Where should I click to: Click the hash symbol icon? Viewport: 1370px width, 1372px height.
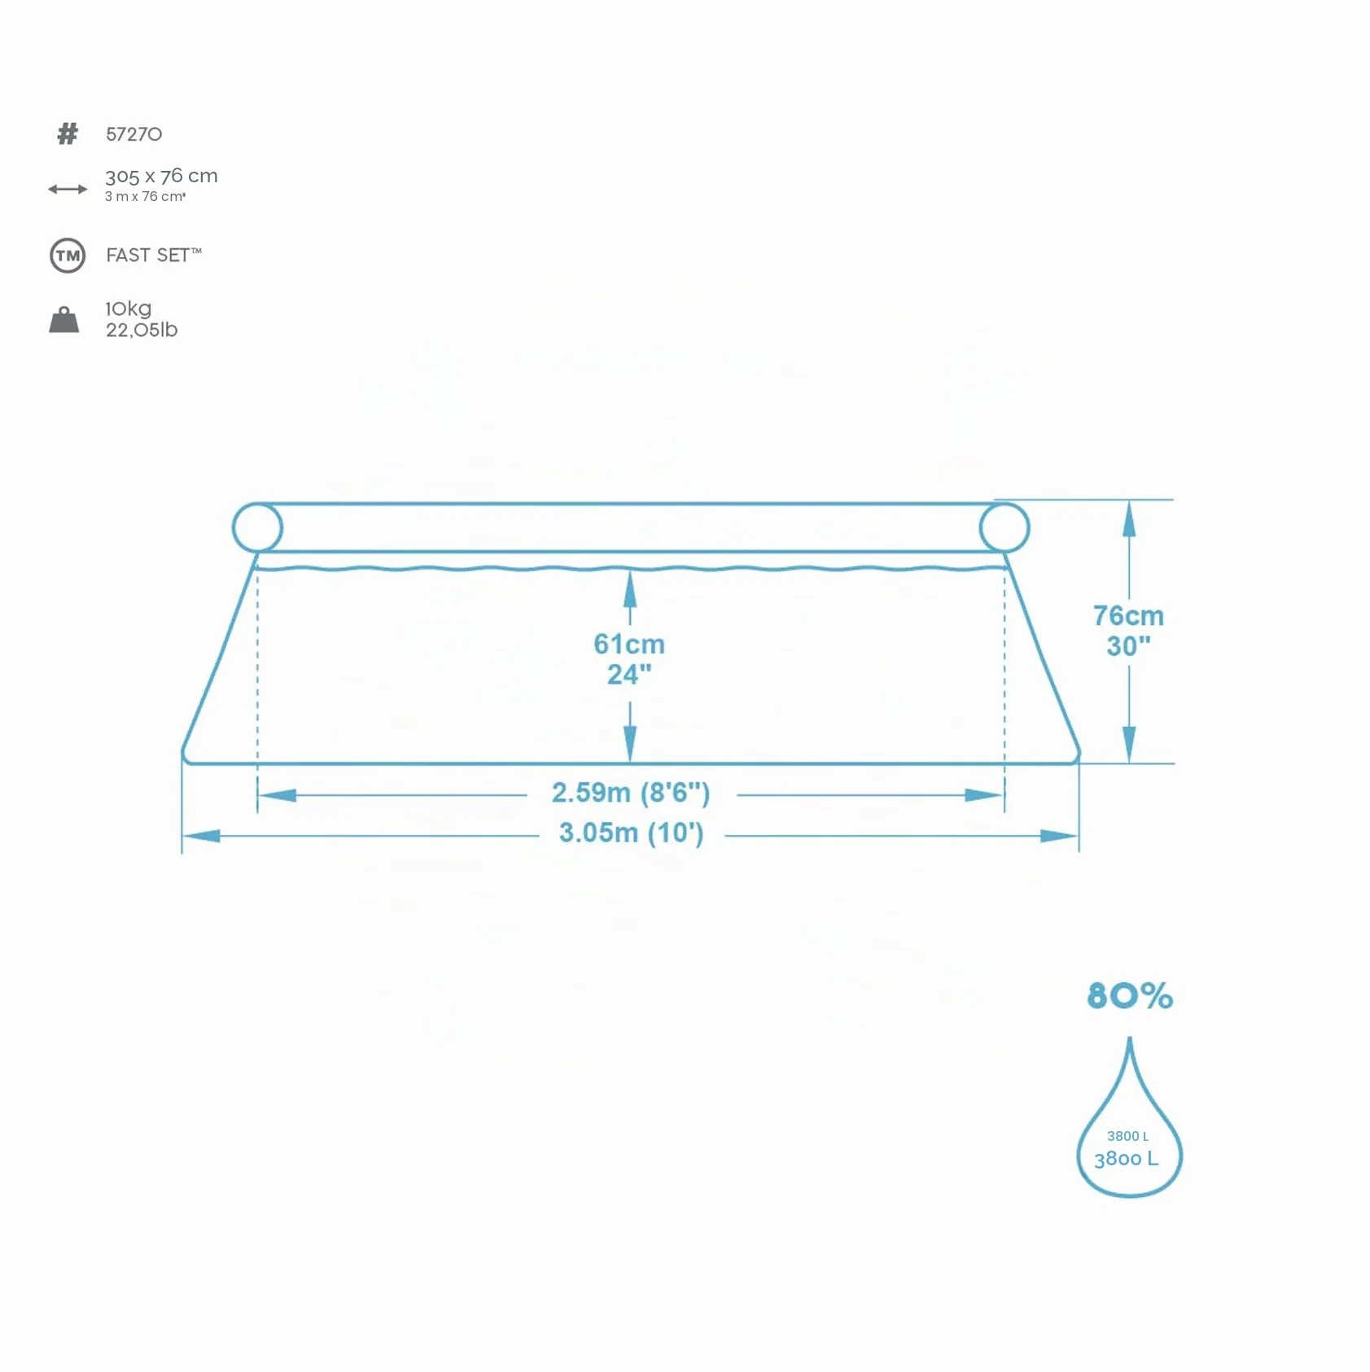[x=68, y=133]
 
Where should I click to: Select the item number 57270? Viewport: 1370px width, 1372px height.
[x=134, y=134]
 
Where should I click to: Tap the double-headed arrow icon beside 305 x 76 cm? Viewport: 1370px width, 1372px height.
[x=68, y=189]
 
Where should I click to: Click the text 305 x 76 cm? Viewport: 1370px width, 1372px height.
[x=161, y=176]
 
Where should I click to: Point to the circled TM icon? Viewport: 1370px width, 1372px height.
[x=68, y=256]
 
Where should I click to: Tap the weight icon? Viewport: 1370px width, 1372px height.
[x=64, y=320]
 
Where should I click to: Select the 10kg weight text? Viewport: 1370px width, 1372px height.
[x=129, y=309]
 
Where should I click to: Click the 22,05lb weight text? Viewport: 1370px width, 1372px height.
[x=142, y=330]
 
